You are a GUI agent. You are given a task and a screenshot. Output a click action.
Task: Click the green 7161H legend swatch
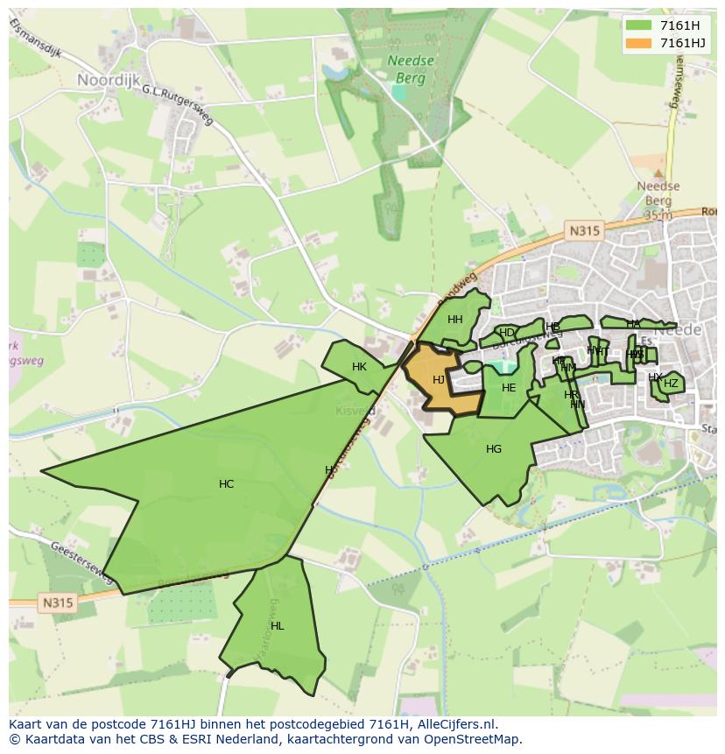click(639, 25)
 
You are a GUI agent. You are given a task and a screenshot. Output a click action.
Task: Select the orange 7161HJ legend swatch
click(639, 43)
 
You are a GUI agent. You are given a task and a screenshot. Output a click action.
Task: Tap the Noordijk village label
click(109, 80)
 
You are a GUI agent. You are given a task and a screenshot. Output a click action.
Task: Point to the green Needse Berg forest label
click(406, 69)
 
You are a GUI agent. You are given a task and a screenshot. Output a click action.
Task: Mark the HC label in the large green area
click(226, 484)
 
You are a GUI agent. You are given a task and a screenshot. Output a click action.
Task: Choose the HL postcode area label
click(277, 626)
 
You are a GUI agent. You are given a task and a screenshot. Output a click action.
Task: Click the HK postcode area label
click(359, 367)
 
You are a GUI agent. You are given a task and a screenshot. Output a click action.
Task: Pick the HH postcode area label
click(454, 320)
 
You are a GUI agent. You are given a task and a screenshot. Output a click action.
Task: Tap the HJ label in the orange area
click(439, 379)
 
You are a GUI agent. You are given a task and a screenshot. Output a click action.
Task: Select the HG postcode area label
click(494, 449)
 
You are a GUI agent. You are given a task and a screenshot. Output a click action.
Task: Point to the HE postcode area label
click(509, 388)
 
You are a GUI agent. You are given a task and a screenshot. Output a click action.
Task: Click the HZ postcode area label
click(671, 384)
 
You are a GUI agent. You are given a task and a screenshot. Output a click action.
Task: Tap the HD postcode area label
click(506, 333)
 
